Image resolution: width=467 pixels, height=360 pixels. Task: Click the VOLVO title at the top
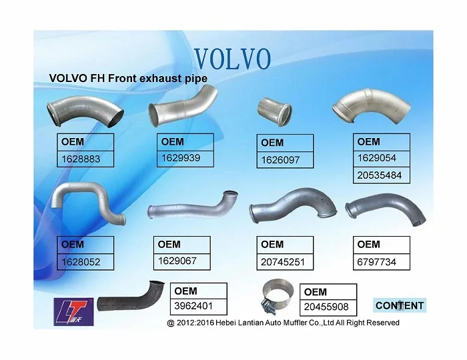[231, 59]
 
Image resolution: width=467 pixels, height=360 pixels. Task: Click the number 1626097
[280, 160]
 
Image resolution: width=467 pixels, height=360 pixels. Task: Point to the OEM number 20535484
[379, 175]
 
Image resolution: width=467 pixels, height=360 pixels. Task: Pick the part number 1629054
[378, 158]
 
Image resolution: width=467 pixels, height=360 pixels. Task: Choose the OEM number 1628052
[81, 262]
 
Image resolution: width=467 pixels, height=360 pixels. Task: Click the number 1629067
[177, 261]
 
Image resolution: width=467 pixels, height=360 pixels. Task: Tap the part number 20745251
[283, 262]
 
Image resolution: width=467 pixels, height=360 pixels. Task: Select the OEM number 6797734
[376, 262]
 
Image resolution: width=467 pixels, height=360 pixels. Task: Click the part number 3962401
[194, 307]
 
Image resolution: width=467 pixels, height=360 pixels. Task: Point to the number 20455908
[326, 308]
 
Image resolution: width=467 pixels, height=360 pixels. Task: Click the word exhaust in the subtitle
[151, 79]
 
